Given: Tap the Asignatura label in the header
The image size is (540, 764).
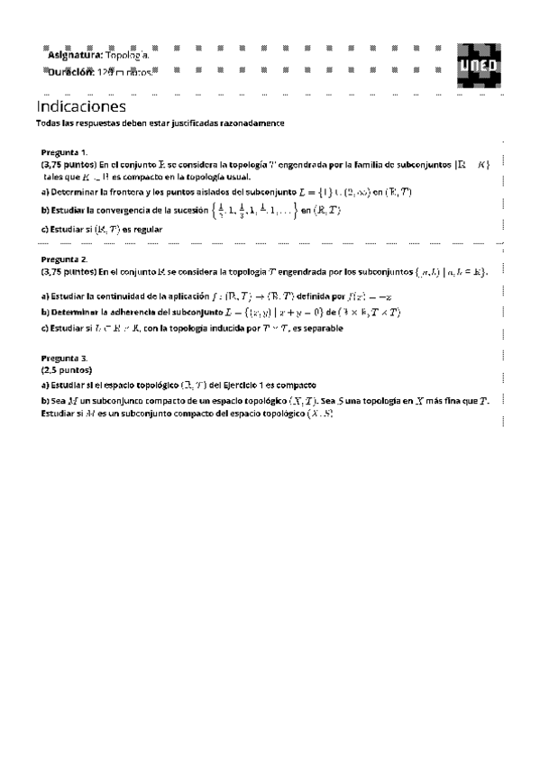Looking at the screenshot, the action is [x=75, y=56].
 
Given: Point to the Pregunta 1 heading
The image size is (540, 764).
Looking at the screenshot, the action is [x=64, y=153].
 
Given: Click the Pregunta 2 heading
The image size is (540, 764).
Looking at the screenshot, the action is [x=64, y=259].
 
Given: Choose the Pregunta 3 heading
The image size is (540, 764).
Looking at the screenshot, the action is [x=64, y=358].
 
